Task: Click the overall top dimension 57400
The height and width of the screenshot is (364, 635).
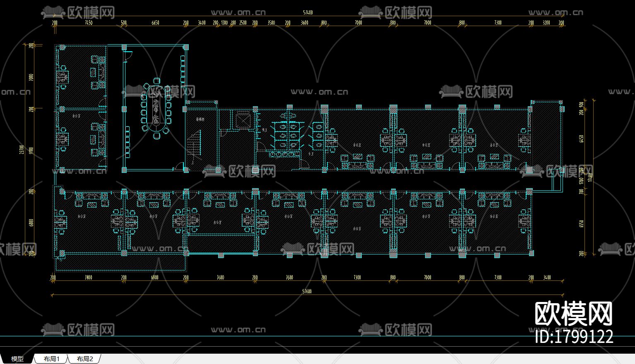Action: (x=308, y=13)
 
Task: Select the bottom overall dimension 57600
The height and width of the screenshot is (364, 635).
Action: (x=307, y=292)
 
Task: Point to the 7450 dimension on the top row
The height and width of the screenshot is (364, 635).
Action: (x=89, y=23)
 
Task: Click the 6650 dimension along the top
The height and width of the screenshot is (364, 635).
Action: (x=155, y=23)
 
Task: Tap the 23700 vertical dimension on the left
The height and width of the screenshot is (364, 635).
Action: (x=22, y=150)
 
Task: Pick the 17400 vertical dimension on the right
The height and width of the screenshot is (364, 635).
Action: (x=590, y=177)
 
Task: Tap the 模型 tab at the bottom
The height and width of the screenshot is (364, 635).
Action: (x=17, y=359)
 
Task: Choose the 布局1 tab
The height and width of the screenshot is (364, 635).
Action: (x=52, y=359)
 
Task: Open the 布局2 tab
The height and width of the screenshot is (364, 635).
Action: (x=85, y=359)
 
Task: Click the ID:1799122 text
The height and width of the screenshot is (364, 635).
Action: (x=574, y=337)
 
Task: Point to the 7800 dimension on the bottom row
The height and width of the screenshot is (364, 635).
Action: (x=88, y=278)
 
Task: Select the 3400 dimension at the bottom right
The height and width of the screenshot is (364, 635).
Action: (x=547, y=278)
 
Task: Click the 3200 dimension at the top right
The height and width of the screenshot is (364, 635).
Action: (x=546, y=23)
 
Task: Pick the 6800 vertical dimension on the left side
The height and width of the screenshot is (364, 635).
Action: (x=31, y=223)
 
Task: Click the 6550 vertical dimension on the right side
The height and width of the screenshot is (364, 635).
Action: (x=582, y=139)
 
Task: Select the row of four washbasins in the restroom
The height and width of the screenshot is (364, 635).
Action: (x=284, y=154)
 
